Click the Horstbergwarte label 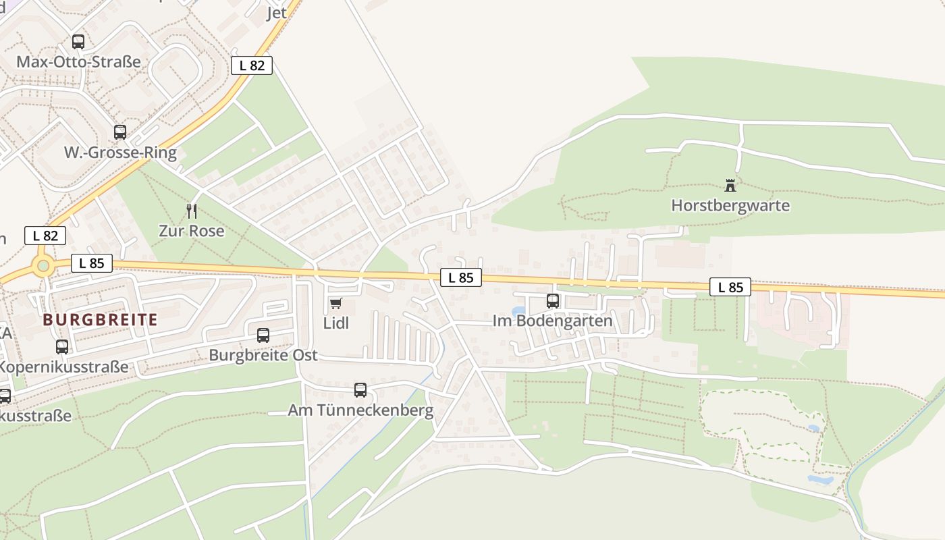point(730,205)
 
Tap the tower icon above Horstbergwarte point(730,185)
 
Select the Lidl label point(336,323)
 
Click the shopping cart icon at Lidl point(336,304)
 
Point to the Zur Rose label point(191,231)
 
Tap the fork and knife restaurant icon point(192,211)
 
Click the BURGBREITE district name point(100,320)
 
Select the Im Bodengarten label point(553,321)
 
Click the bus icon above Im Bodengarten point(553,301)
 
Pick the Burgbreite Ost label point(263,355)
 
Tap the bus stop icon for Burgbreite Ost point(263,335)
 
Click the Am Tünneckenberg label point(360,410)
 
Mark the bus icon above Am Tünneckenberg point(360,389)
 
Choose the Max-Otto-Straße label point(78,62)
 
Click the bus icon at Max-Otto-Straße point(78,42)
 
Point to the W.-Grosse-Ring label point(120,153)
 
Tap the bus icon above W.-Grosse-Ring point(120,132)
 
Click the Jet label point(277,13)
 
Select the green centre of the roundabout point(44,266)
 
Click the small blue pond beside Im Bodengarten point(518,312)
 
